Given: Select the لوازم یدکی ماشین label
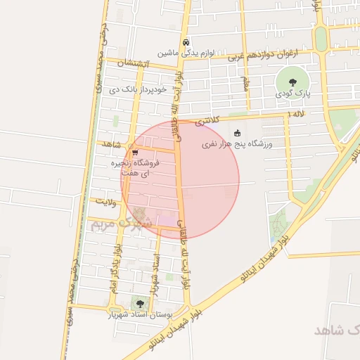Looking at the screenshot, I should (x=184, y=53).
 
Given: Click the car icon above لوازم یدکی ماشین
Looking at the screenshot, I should (x=185, y=41).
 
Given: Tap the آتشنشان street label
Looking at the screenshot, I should (x=134, y=63).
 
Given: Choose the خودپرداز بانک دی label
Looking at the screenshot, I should (x=137, y=90).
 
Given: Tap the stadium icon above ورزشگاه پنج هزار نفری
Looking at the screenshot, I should (x=237, y=133).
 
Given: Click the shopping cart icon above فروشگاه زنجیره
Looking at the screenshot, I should (x=134, y=151).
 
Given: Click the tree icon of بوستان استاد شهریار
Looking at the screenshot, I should (x=140, y=304).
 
